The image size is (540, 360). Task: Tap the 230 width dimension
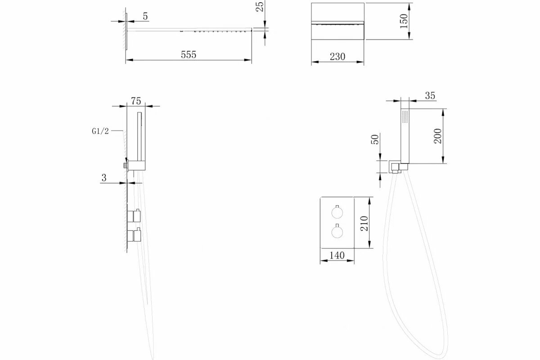coord(337,57)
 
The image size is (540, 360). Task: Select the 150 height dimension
coord(403,20)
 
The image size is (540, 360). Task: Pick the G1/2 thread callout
coord(99,131)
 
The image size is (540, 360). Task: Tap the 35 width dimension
coord(430,95)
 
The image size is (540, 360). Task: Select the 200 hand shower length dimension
coord(438,135)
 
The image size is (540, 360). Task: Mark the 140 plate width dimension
coord(337,255)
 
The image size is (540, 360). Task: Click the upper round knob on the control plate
coord(337,212)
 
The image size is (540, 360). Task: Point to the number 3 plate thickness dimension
coord(103,178)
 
